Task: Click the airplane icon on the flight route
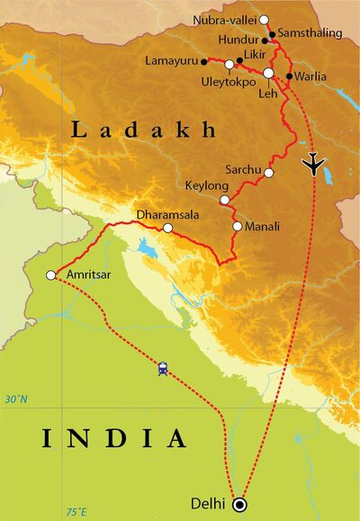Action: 314,164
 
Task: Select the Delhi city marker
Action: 239,504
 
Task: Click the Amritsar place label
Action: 89,274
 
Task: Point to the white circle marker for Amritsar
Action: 51,274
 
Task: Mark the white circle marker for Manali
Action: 237,226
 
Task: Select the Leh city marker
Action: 268,73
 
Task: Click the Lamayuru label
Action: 171,61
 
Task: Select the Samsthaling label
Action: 311,33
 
